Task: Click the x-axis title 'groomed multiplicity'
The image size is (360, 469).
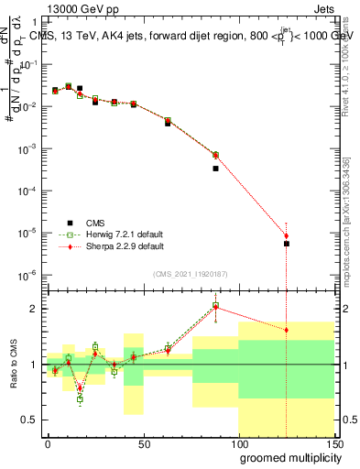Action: point(286,457)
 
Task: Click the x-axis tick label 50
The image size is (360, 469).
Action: point(143,442)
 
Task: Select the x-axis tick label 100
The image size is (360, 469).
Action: point(238,442)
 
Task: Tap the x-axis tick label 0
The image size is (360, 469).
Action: point(48,442)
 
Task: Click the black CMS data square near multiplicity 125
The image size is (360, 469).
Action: point(287,244)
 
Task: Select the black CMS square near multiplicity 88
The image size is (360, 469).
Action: point(215,169)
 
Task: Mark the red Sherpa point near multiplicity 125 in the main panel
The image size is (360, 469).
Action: point(287,236)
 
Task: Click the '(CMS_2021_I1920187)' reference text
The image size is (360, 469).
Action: point(190,273)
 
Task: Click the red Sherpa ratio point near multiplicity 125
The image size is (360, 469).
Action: point(287,330)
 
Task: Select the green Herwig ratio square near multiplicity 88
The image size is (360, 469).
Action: point(215,305)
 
